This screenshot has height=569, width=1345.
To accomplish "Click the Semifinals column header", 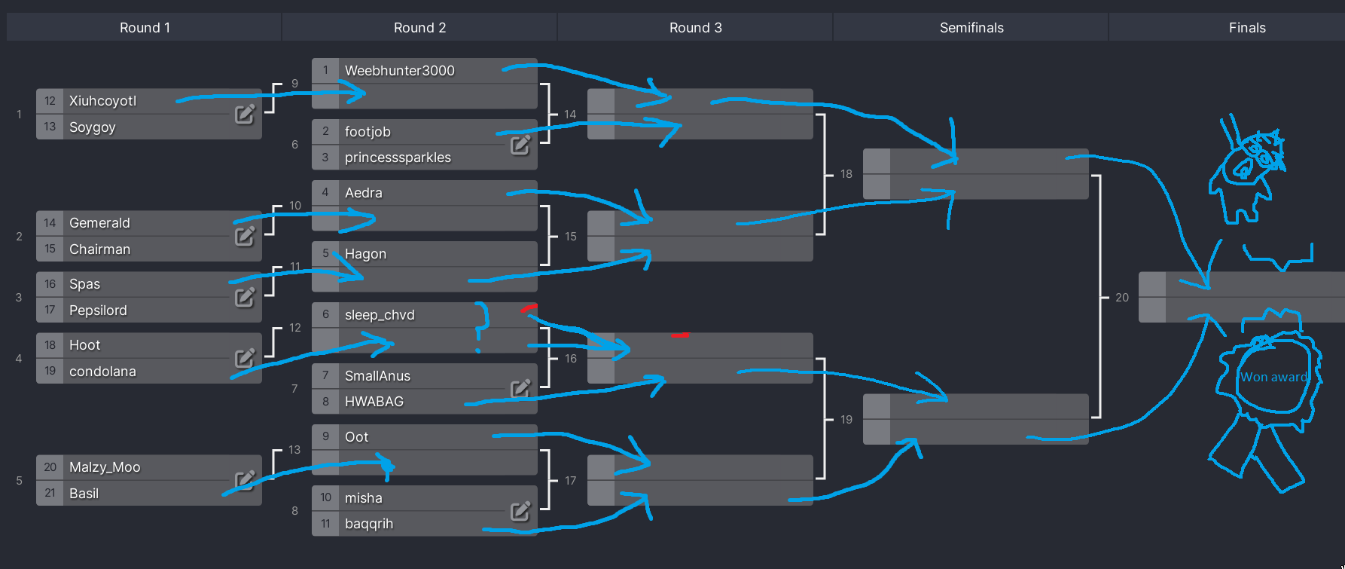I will coord(971,28).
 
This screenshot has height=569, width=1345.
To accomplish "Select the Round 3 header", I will coord(695,28).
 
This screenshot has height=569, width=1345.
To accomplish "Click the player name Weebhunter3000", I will coord(399,71).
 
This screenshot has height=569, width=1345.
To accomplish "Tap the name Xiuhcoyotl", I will coord(102,101).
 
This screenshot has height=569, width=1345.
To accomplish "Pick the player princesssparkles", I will coord(398,158).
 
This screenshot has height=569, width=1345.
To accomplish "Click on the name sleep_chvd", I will coord(380,315).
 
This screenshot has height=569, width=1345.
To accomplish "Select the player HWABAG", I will coord(374,402).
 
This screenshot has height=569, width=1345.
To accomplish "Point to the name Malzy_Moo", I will coord(105,467).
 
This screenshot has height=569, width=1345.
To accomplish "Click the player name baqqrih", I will coord(369,524).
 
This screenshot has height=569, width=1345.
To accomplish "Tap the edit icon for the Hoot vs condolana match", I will coord(245,358).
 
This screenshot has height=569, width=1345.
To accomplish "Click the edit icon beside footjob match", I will coord(520,145).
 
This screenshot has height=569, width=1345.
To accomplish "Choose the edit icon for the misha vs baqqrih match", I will coord(520,512).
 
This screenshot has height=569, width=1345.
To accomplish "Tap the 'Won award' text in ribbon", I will coord(1273,378).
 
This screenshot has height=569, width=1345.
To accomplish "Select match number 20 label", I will coord(1122,298).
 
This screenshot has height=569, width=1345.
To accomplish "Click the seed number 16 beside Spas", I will coord(50,284).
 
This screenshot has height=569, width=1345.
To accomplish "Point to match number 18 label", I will coord(846,174).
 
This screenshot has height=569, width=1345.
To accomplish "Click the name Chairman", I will coord(99,249).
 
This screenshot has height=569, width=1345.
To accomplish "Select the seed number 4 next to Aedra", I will coord(325,193).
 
